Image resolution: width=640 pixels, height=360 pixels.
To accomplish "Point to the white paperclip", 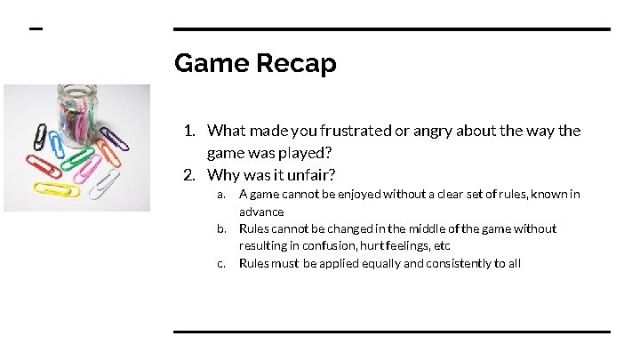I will (104, 185).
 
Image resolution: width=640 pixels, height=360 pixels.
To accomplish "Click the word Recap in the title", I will (295, 64).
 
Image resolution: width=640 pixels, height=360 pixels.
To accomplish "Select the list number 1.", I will (189, 131).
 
